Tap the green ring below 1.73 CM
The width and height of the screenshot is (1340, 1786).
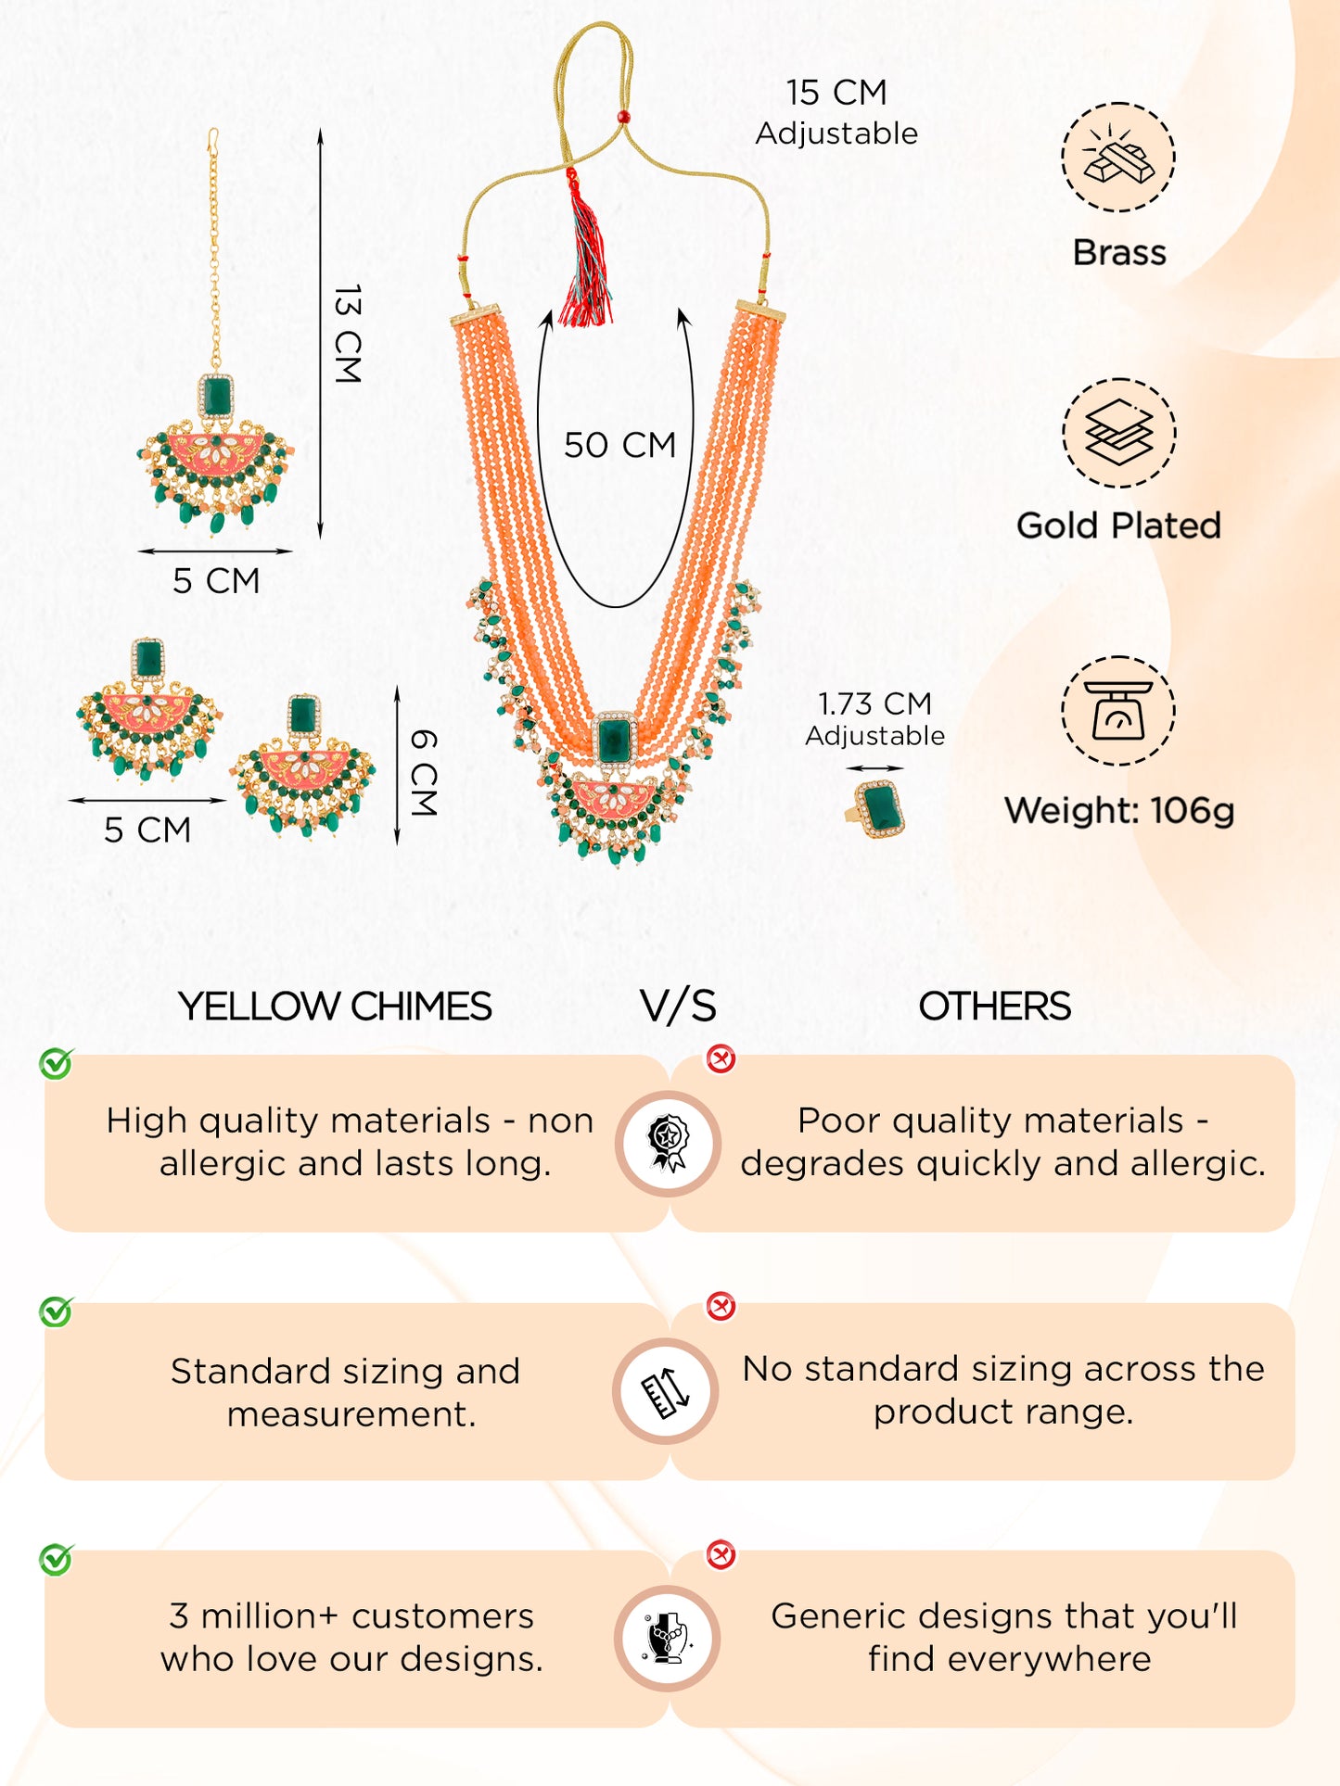pyautogui.click(x=879, y=809)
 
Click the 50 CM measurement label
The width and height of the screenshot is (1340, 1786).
pyautogui.click(x=619, y=445)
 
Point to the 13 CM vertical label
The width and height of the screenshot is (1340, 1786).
pyautogui.click(x=347, y=334)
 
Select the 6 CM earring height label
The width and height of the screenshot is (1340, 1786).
pyautogui.click(x=423, y=772)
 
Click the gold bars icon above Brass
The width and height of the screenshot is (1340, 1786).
pyautogui.click(x=1118, y=158)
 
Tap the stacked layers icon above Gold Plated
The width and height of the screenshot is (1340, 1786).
pyautogui.click(x=1118, y=433)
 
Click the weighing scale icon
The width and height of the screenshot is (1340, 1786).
pyautogui.click(x=1118, y=711)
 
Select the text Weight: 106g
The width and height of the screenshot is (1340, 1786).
pyautogui.click(x=1119, y=810)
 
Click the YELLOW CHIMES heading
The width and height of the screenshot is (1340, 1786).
pyautogui.click(x=335, y=1007)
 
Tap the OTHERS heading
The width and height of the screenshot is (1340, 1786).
pyautogui.click(x=994, y=1007)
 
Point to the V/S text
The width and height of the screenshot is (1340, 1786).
pyautogui.click(x=678, y=1007)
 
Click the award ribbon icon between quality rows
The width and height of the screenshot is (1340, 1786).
pyautogui.click(x=668, y=1143)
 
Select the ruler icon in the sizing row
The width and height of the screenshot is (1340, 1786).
pyautogui.click(x=666, y=1391)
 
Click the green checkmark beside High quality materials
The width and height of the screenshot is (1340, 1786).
pyautogui.click(x=56, y=1063)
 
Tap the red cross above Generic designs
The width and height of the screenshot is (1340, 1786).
pyautogui.click(x=721, y=1554)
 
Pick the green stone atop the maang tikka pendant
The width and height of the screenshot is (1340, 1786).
pyautogui.click(x=216, y=396)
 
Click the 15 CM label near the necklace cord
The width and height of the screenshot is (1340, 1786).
pyautogui.click(x=836, y=93)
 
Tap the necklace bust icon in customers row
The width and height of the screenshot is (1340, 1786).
pyautogui.click(x=668, y=1638)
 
